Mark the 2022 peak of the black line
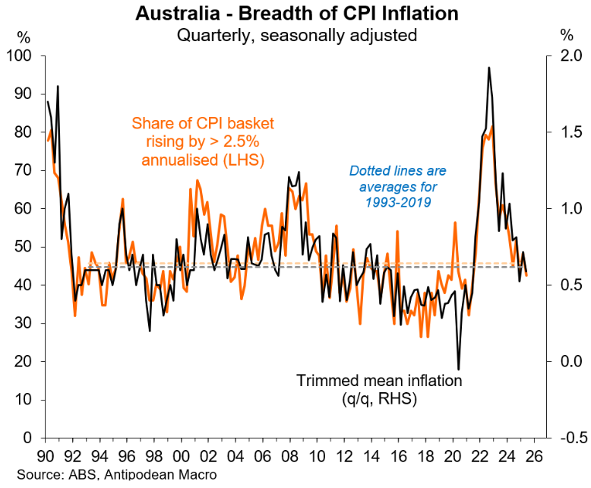pos(488,68)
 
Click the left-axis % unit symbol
pos(24,34)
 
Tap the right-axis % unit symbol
pos(567,34)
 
